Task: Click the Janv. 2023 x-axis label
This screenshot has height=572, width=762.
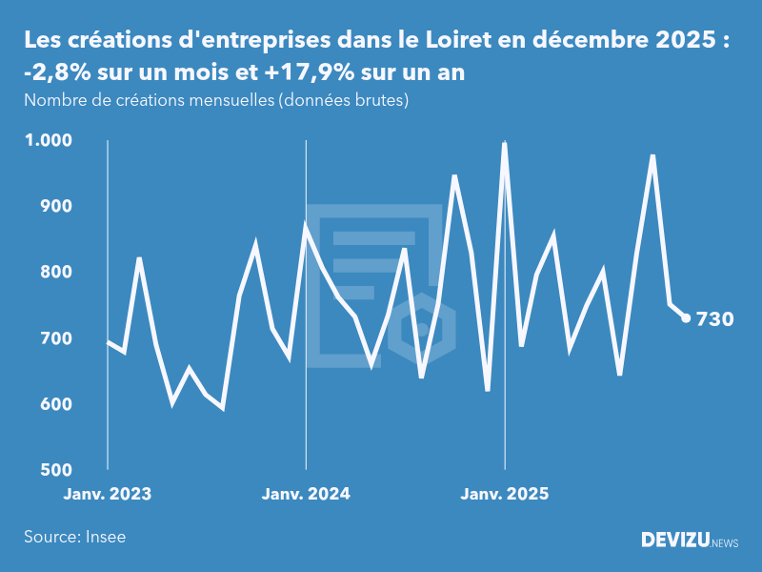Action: [x=108, y=494]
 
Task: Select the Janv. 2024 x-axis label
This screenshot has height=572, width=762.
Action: [x=306, y=494]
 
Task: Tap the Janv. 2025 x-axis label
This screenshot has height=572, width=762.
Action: [x=505, y=494]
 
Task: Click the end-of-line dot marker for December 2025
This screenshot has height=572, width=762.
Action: [x=686, y=318]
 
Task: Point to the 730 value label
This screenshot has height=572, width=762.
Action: [x=715, y=319]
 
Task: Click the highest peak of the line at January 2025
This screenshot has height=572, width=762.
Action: [x=504, y=144]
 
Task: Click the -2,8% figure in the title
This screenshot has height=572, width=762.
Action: [x=56, y=73]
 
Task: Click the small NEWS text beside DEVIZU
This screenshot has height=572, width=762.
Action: [x=725, y=542]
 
